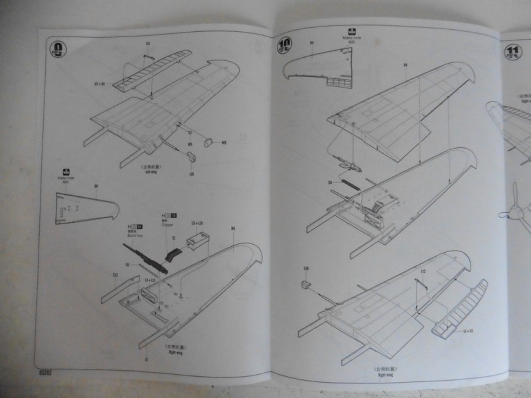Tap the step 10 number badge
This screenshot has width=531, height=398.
[x=283, y=46]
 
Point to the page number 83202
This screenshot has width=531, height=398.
[x=46, y=373]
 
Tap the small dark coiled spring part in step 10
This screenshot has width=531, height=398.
[x=350, y=180]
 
